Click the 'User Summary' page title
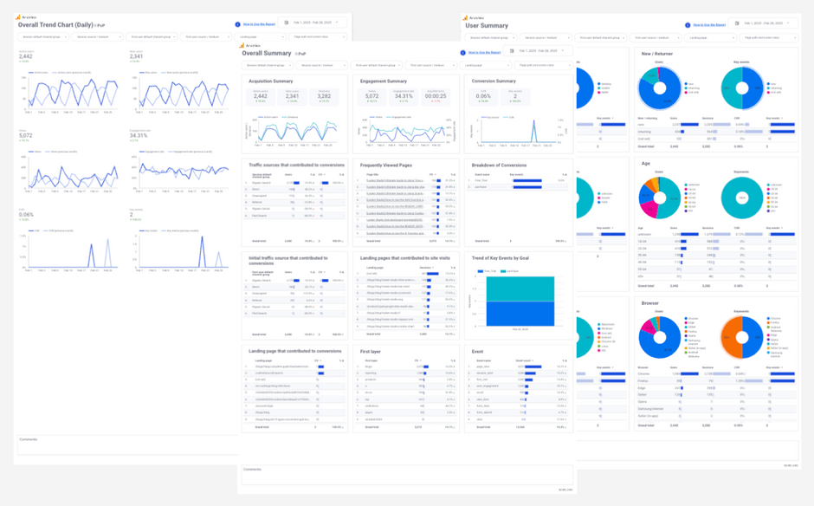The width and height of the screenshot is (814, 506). [487, 26]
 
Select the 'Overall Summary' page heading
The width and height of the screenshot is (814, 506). [267, 53]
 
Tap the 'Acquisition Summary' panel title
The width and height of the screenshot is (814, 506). [270, 81]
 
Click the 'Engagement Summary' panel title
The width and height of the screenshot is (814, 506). [384, 81]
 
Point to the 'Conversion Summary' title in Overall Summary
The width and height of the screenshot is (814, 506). [494, 81]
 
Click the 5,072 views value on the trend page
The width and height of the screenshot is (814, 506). [25, 136]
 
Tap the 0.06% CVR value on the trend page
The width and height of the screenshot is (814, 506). [25, 214]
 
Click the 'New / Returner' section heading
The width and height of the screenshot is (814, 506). [656, 54]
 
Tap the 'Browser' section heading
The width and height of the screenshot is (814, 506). [649, 302]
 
